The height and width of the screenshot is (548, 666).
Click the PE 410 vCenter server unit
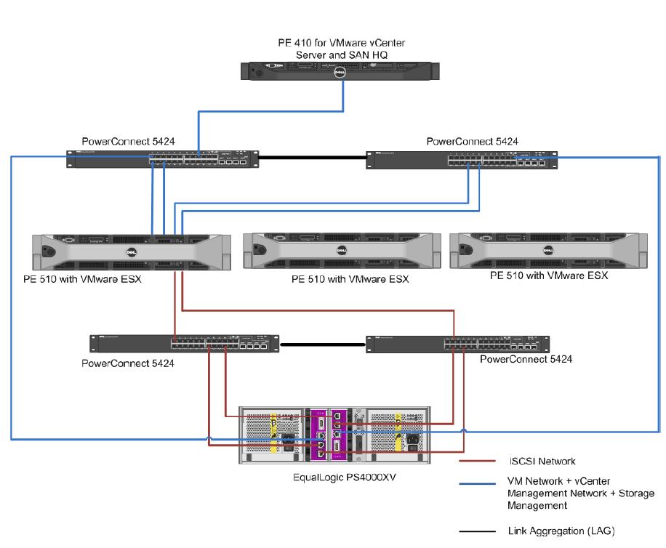[x=342, y=70]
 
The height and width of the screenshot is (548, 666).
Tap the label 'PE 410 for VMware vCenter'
[x=341, y=43]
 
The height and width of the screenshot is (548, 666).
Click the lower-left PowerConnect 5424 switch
[x=185, y=344]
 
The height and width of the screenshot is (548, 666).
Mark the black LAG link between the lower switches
[x=322, y=344]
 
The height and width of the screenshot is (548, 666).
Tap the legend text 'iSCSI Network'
[x=542, y=460]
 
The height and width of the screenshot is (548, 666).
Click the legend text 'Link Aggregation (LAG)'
[x=564, y=531]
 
